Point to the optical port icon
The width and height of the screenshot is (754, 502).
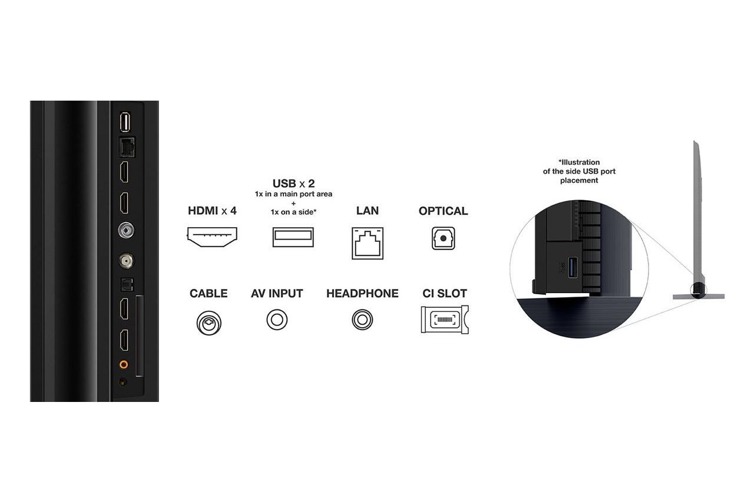pyautogui.click(x=444, y=238)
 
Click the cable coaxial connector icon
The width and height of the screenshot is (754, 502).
pyautogui.click(x=209, y=323)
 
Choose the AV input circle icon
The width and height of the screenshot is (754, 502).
pyautogui.click(x=277, y=320)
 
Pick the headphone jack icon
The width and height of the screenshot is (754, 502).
pyautogui.click(x=362, y=320)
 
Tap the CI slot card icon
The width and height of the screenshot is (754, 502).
pyautogui.click(x=445, y=320)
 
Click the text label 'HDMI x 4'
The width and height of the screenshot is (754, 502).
pyautogui.click(x=212, y=211)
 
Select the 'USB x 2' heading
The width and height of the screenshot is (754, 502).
pyautogui.click(x=293, y=184)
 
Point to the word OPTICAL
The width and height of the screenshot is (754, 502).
pyautogui.click(x=444, y=211)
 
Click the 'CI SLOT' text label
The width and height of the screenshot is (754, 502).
pyautogui.click(x=445, y=293)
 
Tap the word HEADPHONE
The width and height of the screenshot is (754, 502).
pyautogui.click(x=362, y=293)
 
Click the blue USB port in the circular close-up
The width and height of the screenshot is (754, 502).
pyautogui.click(x=573, y=267)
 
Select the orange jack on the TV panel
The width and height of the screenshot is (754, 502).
pyautogui.click(x=124, y=364)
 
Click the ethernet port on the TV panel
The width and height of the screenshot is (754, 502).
pyautogui.click(x=127, y=147)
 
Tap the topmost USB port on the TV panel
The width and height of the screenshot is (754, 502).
pyautogui.click(x=125, y=122)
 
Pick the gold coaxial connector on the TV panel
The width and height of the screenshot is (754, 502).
pyautogui.click(x=126, y=261)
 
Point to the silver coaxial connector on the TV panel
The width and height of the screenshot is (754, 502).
pyautogui.click(x=126, y=230)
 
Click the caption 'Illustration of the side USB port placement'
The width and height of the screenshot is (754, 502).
pyautogui.click(x=579, y=171)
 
